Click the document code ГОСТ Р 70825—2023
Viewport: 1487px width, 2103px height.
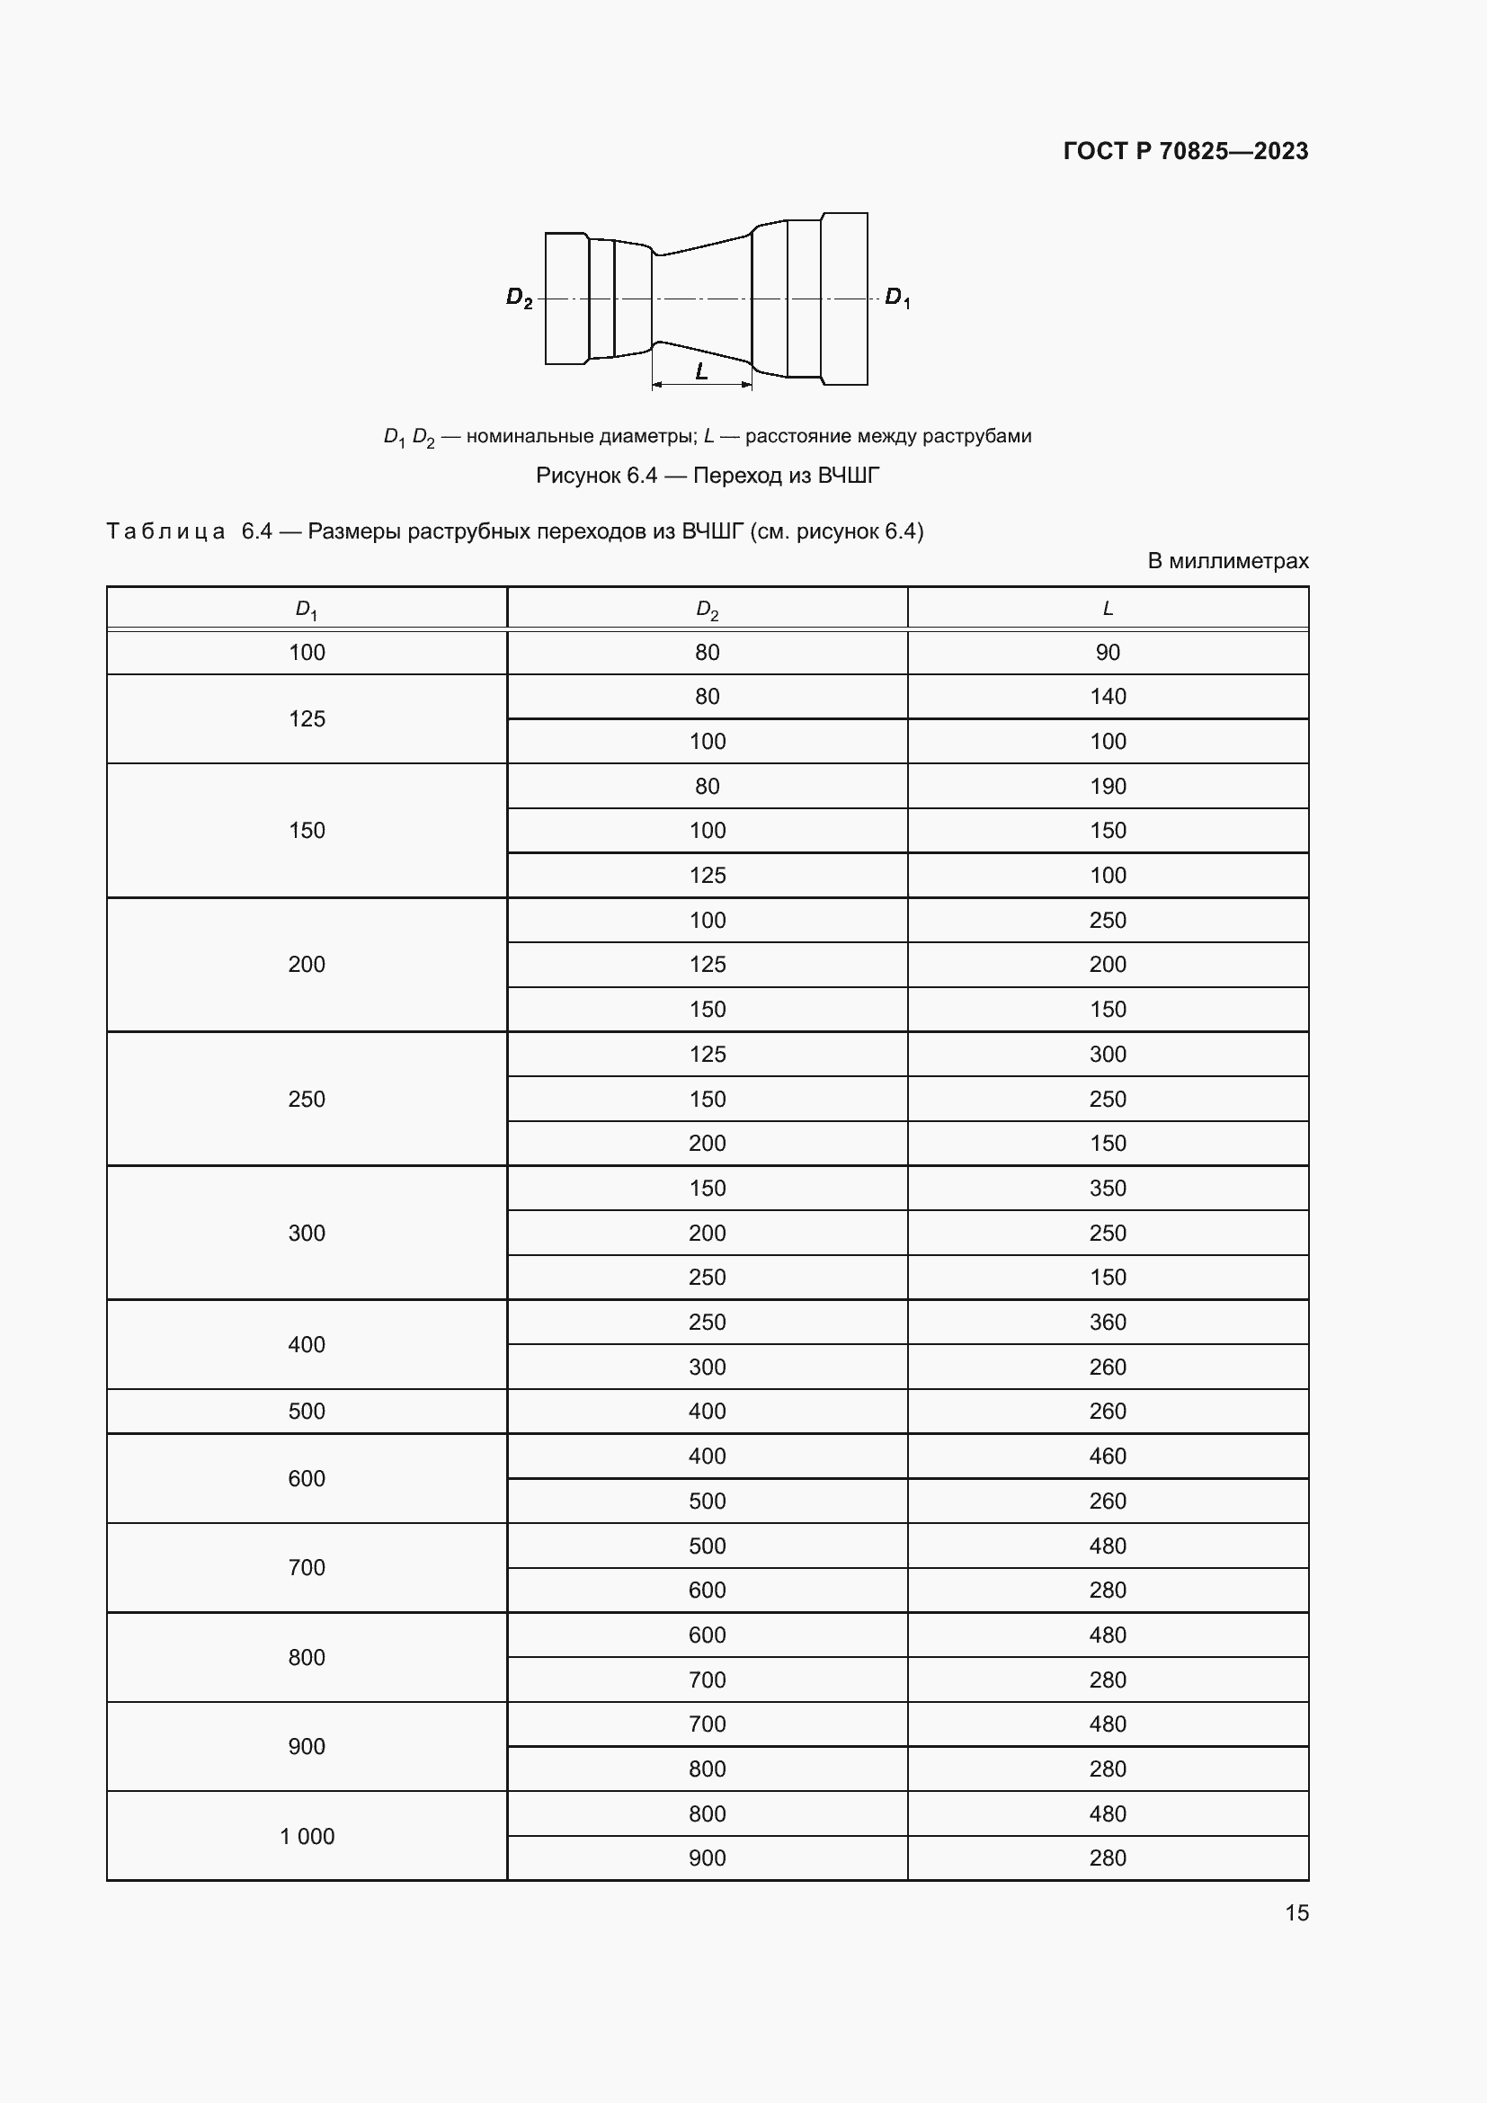pos(1185,151)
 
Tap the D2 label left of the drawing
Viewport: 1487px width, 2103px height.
pos(519,298)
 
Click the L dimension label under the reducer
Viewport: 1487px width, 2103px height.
pos(701,371)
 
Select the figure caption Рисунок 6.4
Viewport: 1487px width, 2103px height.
pos(707,476)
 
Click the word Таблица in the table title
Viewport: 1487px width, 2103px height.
pos(165,531)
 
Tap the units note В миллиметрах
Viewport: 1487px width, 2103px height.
pos(1227,560)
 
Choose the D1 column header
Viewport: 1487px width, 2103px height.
pos(306,609)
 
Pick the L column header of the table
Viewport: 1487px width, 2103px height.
pos(1107,608)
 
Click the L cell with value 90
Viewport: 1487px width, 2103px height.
pos(1107,652)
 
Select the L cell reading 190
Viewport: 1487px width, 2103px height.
pos(1107,786)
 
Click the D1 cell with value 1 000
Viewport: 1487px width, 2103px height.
pos(307,1836)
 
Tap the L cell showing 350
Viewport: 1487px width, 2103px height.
pos(1107,1188)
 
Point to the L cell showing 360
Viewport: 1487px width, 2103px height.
pos(1107,1322)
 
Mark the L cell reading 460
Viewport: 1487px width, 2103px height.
pos(1107,1456)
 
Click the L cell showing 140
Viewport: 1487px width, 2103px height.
pos(1107,696)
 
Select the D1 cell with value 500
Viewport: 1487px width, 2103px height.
pos(307,1411)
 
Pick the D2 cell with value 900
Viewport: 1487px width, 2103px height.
pos(707,1858)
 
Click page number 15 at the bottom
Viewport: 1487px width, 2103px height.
pos(1296,1912)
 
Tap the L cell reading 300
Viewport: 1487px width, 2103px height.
pos(1107,1055)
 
